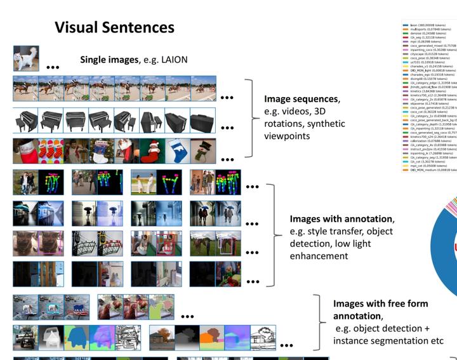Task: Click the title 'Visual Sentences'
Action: pos(114,27)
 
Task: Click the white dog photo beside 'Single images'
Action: pos(26,58)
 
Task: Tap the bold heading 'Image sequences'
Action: pos(301,100)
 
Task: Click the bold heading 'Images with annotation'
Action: pos(341,219)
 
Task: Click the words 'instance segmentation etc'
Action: pos(387,340)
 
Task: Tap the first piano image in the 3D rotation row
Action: pos(25,119)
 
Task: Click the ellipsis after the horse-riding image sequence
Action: pos(227,98)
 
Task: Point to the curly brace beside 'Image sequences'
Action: pos(248,118)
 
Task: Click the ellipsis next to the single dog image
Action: pos(52,66)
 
